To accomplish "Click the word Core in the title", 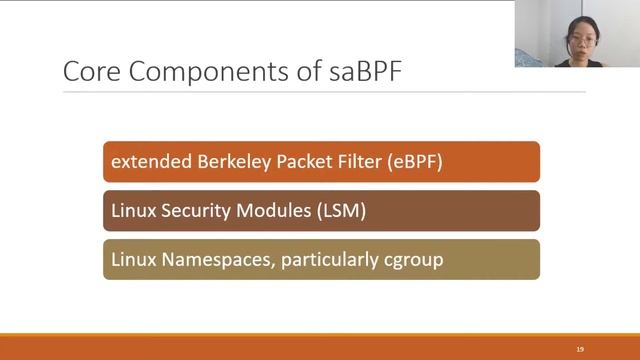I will [88, 72].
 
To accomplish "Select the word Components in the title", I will [186, 72].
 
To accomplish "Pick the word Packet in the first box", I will [297, 162].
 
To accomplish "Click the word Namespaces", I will [212, 260].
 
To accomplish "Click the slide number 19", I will [579, 348].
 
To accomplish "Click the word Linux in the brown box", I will [132, 211].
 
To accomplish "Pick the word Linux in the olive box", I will [132, 260].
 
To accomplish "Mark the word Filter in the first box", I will [355, 162].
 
